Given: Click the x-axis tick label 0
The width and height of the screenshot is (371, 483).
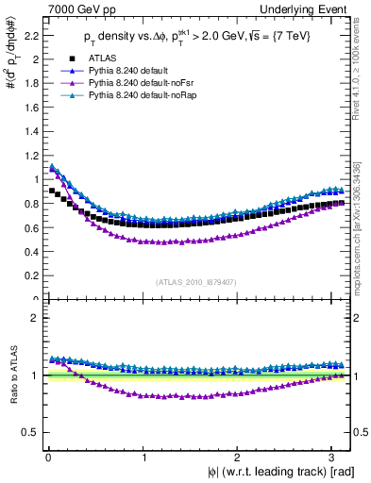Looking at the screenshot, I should pos(46,458).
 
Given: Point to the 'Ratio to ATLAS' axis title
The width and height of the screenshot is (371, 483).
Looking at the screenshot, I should pos(10,375).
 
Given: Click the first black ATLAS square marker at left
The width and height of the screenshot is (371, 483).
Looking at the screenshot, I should pos(52,191).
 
